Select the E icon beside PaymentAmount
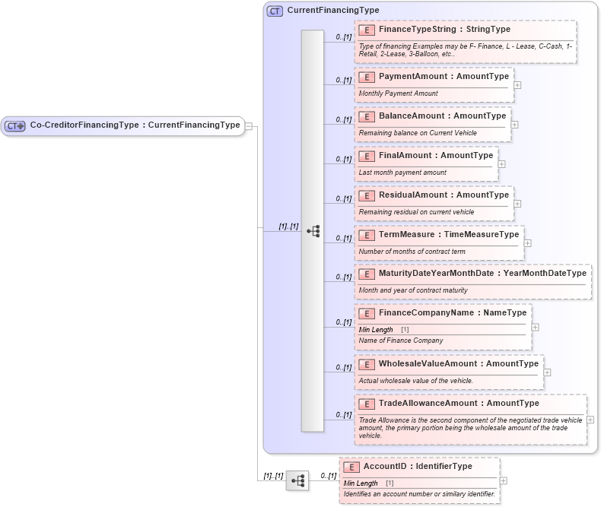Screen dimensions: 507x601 click(367, 77)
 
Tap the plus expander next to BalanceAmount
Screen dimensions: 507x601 click(515, 125)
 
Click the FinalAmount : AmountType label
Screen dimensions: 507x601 click(436, 156)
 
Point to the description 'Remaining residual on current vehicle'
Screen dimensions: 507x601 click(416, 212)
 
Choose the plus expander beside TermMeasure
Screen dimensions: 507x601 click(528, 243)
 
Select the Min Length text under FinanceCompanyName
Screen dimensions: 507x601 click(376, 330)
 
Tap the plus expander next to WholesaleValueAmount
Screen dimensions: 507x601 click(548, 372)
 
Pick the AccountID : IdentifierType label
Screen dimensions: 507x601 click(418, 467)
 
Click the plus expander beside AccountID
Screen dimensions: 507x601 click(504, 480)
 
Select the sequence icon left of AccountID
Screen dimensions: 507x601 click(297, 480)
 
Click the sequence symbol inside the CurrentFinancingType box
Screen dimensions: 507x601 click(313, 231)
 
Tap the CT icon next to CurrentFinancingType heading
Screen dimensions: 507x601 click(275, 11)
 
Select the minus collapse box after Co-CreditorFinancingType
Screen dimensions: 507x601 click(249, 125)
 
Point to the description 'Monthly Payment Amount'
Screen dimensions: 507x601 click(398, 93)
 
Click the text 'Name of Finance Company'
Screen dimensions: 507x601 click(400, 341)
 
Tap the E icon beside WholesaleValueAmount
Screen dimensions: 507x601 click(367, 364)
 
